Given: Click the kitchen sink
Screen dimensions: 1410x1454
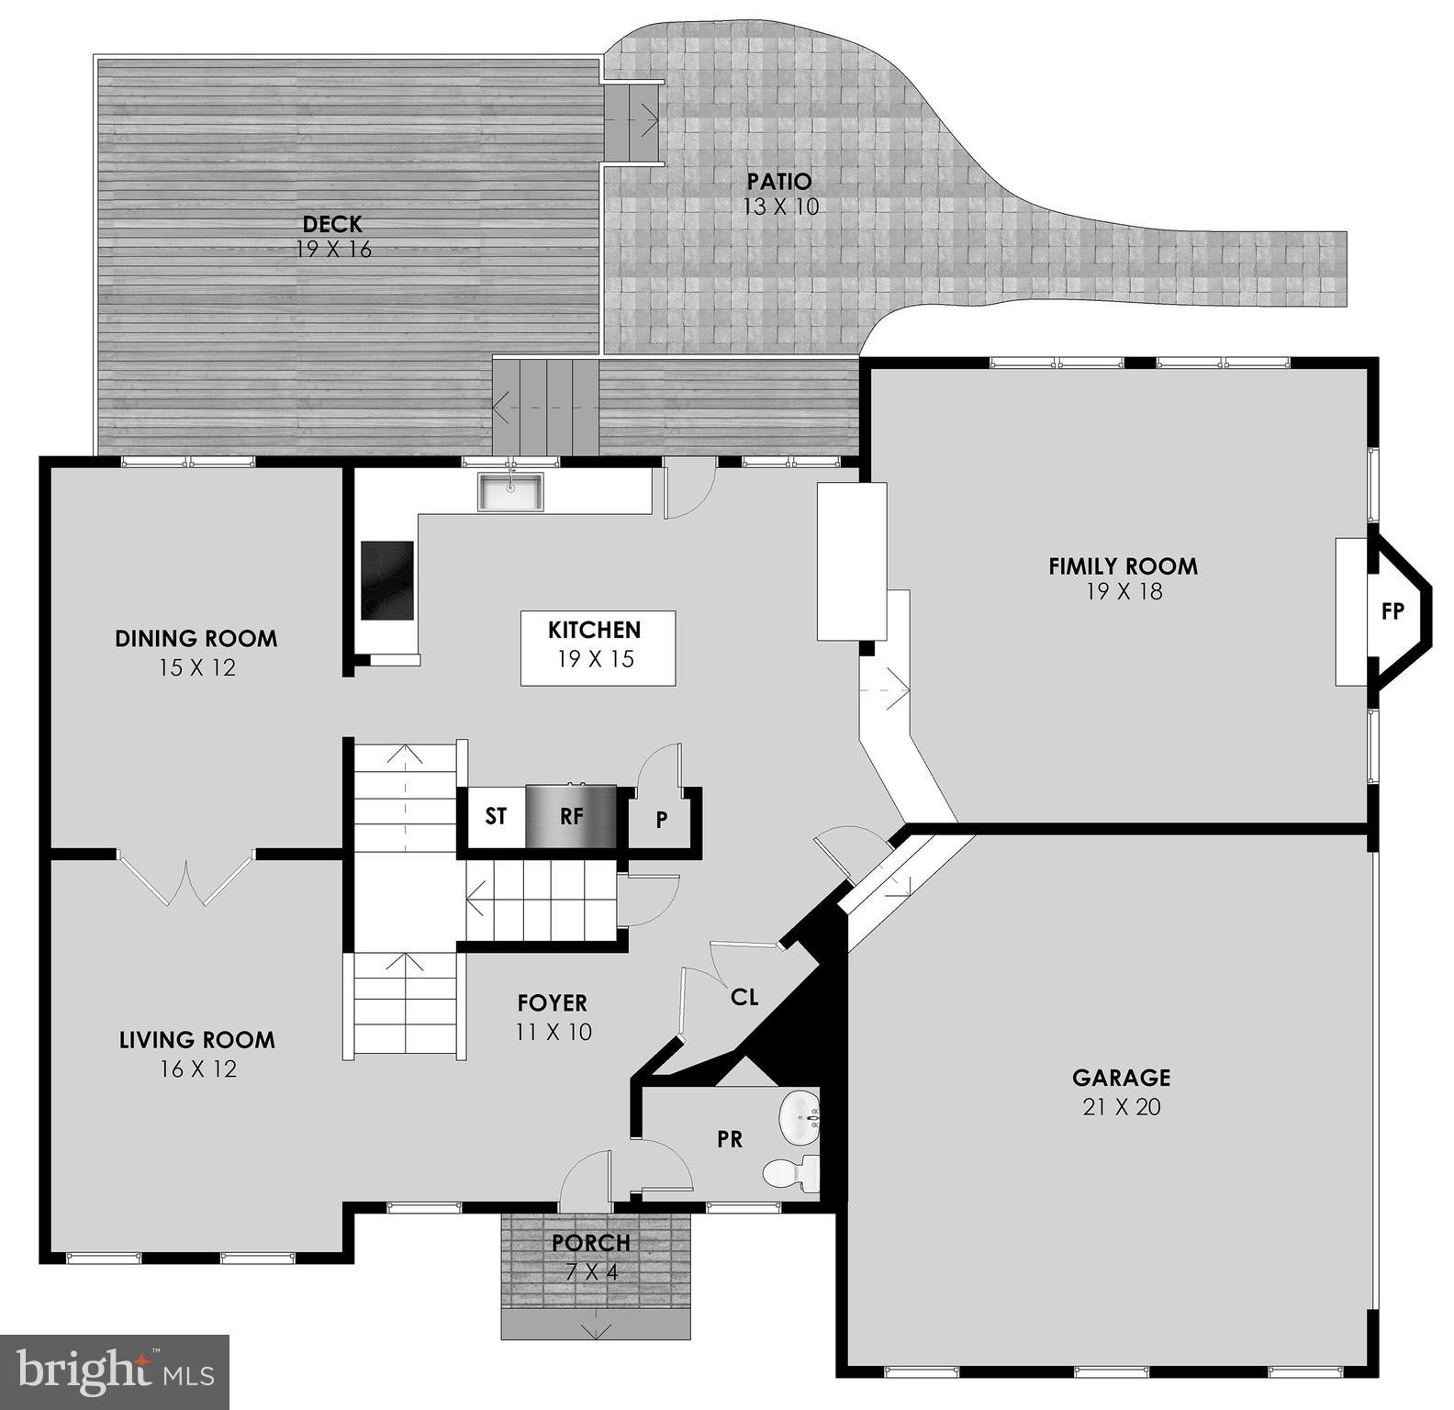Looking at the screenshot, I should tap(510, 492).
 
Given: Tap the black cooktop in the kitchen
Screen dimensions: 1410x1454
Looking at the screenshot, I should tap(386, 580).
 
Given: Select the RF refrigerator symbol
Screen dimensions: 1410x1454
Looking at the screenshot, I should tap(571, 815).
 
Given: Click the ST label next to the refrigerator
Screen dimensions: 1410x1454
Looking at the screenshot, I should tap(496, 815).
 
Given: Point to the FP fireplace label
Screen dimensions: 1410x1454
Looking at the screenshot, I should tap(1392, 611).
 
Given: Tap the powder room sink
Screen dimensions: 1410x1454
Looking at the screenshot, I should tap(800, 1117).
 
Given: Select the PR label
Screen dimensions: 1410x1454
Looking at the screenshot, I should tap(730, 1139).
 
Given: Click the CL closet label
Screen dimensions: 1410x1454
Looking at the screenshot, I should tap(744, 997).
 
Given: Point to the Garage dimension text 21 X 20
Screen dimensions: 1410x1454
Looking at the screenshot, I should tap(1122, 1107).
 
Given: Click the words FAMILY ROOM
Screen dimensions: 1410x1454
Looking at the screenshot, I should tap(1123, 566).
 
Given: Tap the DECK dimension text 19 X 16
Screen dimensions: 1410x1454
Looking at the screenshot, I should tap(334, 250).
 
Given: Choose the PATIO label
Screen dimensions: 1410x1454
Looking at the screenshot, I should tap(779, 181).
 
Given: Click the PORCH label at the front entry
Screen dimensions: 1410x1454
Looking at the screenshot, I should tap(591, 1243).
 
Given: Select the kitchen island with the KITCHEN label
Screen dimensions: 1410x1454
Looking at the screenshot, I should tap(598, 647).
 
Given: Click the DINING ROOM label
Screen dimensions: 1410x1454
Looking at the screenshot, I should tap(196, 639).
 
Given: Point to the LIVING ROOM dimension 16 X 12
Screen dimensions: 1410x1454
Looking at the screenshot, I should tap(196, 1069).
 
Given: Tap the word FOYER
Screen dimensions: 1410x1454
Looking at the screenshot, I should tap(552, 1003).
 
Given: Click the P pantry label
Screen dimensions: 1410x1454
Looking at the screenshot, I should tap(661, 821).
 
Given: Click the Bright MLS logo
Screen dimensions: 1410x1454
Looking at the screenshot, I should tap(115, 1371).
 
